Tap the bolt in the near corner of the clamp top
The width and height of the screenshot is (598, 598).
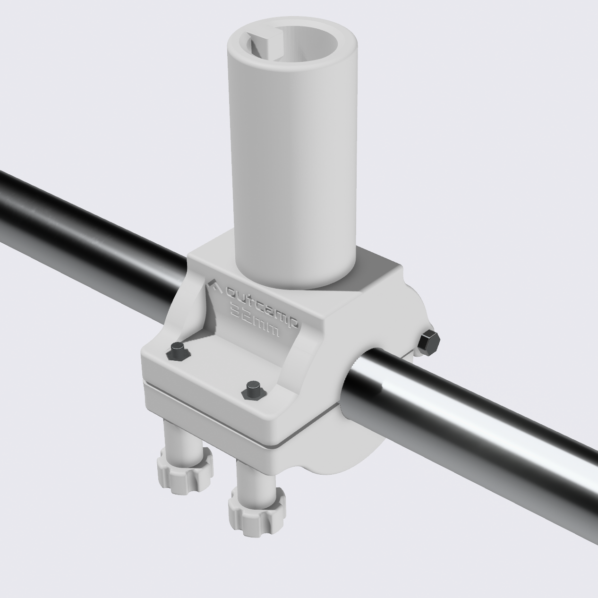point(253,390)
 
